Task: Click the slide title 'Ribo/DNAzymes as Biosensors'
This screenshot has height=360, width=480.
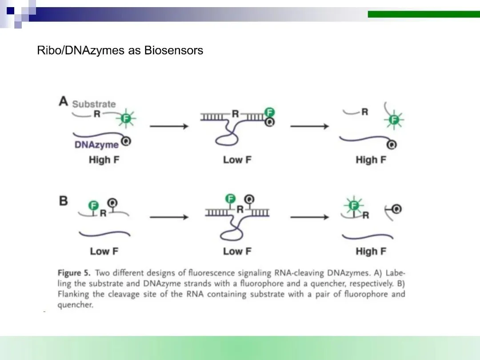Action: [x=120, y=51]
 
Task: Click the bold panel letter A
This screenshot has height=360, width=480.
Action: [x=64, y=101]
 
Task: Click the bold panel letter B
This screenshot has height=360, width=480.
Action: [x=64, y=200]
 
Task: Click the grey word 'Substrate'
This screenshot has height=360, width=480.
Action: [x=94, y=104]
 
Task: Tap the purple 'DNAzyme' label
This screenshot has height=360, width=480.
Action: [x=96, y=145]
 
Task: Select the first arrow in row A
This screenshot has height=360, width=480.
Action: [x=169, y=127]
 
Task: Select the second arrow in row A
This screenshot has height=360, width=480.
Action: [x=309, y=127]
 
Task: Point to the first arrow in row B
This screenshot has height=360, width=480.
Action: [x=169, y=217]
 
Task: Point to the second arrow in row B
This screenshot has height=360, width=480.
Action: [x=309, y=217]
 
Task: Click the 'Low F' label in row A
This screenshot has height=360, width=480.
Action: [x=237, y=160]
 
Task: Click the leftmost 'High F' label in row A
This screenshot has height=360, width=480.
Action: [x=104, y=160]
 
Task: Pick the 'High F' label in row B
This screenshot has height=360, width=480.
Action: [x=371, y=251]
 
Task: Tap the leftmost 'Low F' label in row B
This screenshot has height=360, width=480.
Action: [x=104, y=251]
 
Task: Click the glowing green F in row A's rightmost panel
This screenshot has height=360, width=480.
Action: [x=393, y=120]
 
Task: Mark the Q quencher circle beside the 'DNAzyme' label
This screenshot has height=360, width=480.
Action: [x=126, y=142]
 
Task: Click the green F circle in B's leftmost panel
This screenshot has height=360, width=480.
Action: [x=93, y=205]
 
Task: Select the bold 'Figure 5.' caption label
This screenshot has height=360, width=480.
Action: [x=74, y=273]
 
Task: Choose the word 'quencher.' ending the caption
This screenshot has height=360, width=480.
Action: [x=76, y=305]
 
